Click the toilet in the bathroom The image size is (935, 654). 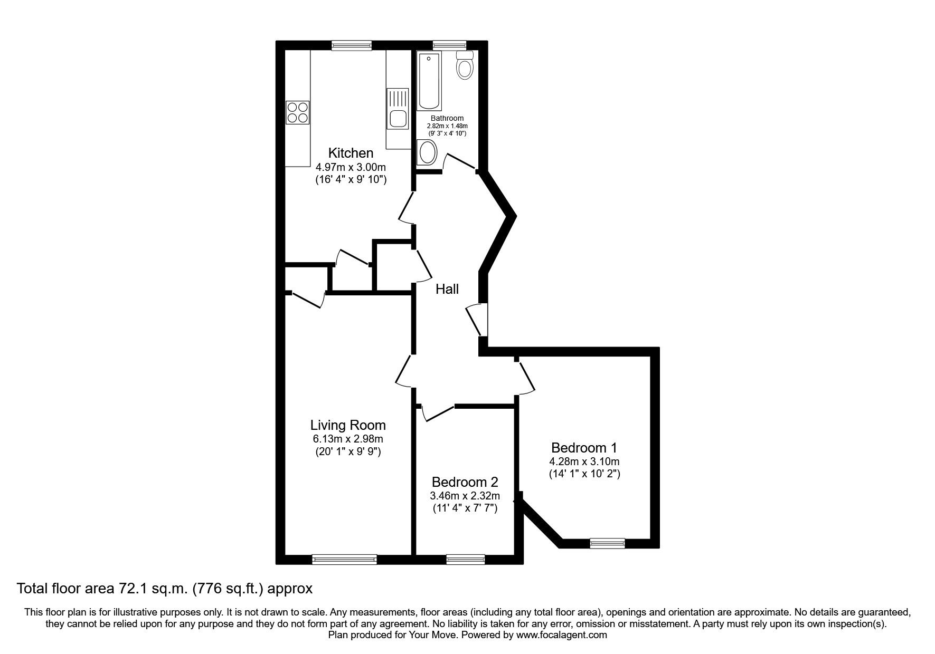tap(465, 66)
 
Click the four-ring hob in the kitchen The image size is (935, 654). tap(297, 112)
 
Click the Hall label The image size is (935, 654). tap(447, 289)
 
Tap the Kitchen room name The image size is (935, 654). tap(351, 153)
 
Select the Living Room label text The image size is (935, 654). tap(347, 425)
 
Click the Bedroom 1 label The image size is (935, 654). tap(583, 448)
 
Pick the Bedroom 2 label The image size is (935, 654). tap(465, 482)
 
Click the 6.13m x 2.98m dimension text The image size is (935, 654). tap(347, 439)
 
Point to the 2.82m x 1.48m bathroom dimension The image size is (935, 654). tap(447, 126)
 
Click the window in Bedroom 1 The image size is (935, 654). tap(607, 543)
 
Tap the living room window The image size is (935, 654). tap(344, 560)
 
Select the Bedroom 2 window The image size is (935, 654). tap(465, 560)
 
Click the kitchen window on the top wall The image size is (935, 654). tap(352, 45)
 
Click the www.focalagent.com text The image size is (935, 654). tap(561, 635)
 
